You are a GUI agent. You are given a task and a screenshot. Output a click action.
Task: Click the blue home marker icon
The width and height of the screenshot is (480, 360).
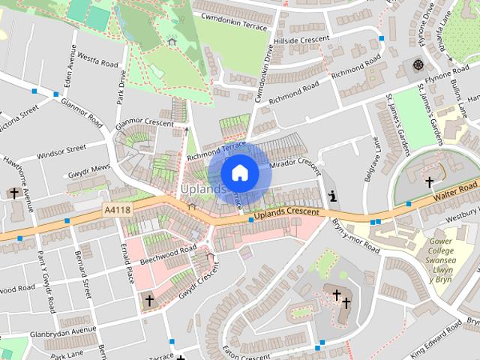click(x=239, y=172)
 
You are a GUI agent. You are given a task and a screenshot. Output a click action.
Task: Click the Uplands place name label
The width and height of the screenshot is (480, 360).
click(x=202, y=190)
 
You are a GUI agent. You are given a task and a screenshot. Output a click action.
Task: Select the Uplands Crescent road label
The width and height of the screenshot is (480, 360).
click(x=286, y=214)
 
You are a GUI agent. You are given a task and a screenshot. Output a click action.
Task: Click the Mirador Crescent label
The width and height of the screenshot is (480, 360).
click(x=294, y=163)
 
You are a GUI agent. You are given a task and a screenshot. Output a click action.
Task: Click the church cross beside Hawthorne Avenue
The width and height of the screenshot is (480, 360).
click(x=14, y=193)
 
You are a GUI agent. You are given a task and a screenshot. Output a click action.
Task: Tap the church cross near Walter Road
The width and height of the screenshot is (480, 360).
click(x=430, y=181)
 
